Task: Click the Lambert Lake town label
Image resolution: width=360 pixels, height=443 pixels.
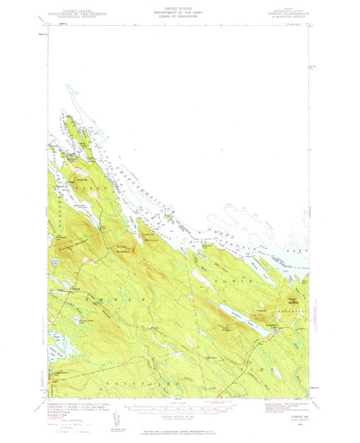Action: click(x=271, y=323)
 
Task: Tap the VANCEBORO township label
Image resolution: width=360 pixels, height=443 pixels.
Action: click(x=297, y=310)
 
